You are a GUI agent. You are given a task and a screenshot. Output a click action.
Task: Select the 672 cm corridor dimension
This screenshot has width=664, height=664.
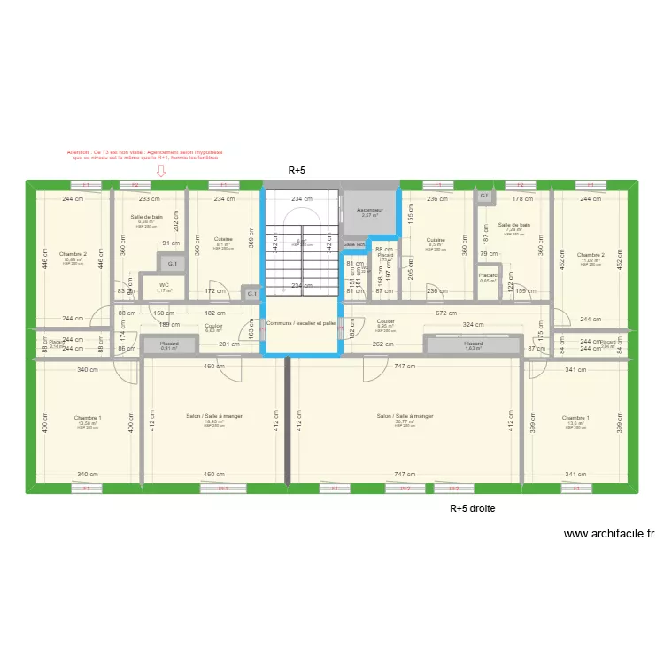[445, 312]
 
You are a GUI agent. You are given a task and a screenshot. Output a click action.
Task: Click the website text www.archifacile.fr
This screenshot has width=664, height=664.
[608, 534]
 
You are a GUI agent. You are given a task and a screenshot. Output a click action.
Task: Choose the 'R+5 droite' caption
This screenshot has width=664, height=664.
[473, 508]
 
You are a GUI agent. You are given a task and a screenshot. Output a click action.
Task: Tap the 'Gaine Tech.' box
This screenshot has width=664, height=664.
[354, 244]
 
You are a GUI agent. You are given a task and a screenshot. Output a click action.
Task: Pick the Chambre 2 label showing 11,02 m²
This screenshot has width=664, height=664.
[591, 257]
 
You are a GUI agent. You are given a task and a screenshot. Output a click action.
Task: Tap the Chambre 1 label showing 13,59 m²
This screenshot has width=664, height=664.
[88, 420]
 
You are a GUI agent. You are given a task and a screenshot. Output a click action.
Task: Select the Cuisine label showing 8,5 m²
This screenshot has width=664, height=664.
[436, 243]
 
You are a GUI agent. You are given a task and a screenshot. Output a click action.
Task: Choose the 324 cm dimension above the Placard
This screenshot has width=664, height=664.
[472, 325]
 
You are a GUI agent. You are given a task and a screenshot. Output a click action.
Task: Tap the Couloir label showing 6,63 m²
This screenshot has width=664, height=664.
[213, 328]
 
